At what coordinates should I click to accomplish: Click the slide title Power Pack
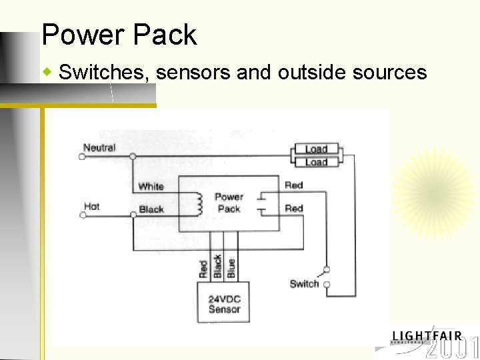tap(119, 35)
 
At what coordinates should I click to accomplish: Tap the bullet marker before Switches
tap(47, 70)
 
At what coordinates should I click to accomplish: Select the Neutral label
tap(99, 147)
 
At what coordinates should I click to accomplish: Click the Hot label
tap(91, 207)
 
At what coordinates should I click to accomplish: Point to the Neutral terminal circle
tap(82, 157)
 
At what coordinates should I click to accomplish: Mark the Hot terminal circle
tap(83, 215)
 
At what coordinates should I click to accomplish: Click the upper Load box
tap(316, 149)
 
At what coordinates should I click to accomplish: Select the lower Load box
tap(316, 162)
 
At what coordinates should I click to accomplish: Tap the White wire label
tap(151, 186)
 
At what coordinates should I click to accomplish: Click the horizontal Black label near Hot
tap(151, 209)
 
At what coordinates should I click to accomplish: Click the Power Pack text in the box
tap(229, 203)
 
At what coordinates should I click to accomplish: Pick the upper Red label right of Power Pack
tap(293, 185)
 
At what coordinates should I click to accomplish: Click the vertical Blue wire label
tap(231, 268)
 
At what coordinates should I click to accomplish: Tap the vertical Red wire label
tap(203, 269)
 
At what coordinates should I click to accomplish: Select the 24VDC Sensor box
tap(224, 303)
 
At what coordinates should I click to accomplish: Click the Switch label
tap(304, 283)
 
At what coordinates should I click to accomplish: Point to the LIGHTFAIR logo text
tap(427, 336)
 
